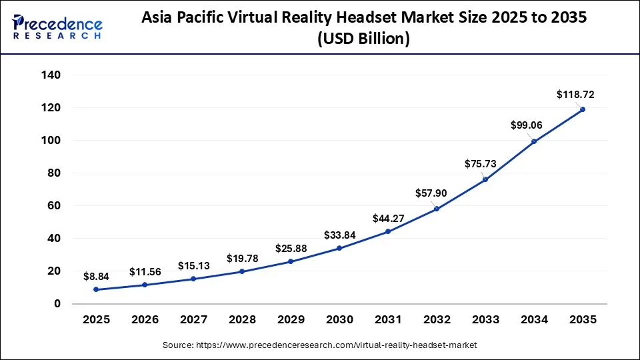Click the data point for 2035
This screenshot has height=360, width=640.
point(583,109)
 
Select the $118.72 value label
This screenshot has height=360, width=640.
point(575,95)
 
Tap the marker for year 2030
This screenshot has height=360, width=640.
point(339,248)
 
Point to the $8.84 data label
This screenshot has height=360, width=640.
point(97,275)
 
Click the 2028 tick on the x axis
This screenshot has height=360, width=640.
point(242,320)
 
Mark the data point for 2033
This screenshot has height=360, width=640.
point(485,180)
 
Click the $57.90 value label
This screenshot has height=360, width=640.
point(431,193)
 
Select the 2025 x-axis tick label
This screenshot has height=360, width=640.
point(96,320)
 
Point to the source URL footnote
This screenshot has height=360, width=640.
point(320,345)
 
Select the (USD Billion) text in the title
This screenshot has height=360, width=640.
point(364,39)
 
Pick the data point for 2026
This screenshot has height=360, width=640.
point(145,285)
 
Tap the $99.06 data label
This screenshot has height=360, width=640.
point(527,125)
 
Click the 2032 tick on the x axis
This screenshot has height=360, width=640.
point(437,320)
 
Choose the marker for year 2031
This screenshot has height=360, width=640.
point(388,231)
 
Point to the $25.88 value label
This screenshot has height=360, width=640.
point(291,249)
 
